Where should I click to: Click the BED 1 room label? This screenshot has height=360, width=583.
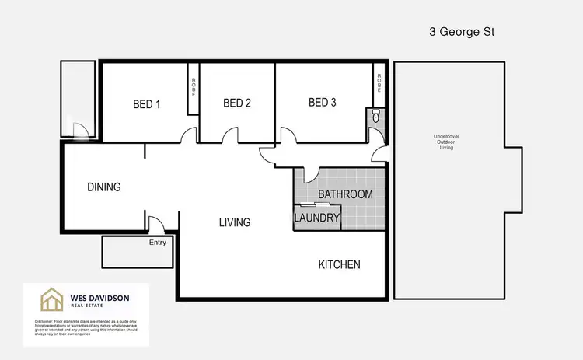146,103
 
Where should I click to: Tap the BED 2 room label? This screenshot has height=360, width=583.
237,103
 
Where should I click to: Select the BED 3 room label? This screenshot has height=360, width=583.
323,102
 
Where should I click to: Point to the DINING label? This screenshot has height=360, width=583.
103,187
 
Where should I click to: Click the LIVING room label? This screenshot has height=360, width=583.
234,222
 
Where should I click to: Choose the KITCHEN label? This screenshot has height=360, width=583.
340,265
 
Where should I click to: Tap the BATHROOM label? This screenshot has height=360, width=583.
346,194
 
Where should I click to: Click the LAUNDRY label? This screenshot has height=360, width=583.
317,218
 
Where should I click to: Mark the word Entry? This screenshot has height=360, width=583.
158,243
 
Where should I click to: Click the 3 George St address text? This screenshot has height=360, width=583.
463,32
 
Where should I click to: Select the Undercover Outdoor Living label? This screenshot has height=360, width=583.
446,142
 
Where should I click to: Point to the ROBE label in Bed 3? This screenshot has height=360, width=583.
379,83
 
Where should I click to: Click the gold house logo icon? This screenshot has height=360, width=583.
52,300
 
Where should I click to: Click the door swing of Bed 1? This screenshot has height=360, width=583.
187,136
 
